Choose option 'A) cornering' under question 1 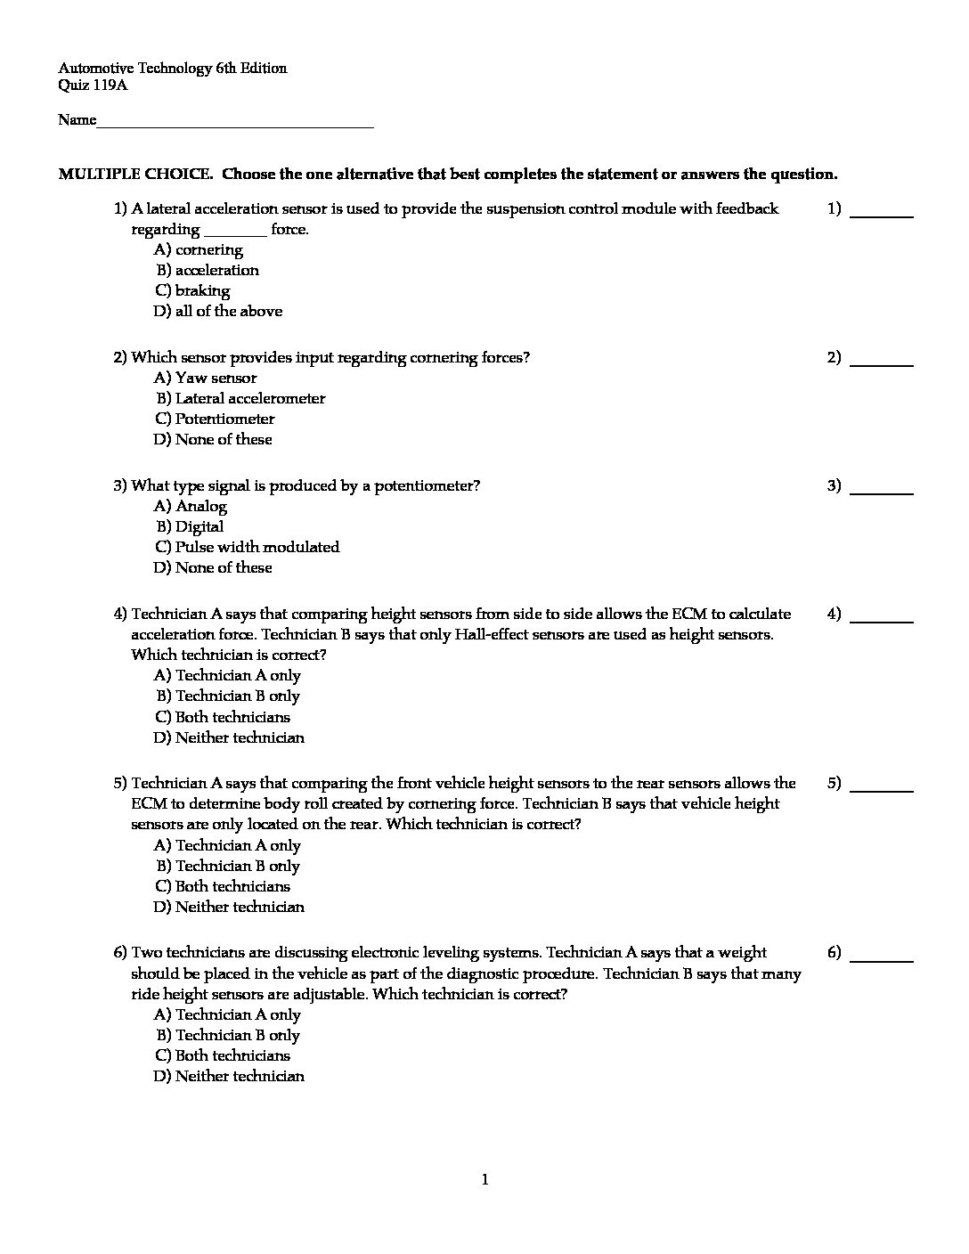pyautogui.click(x=199, y=250)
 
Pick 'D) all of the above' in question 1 pyautogui.click(x=218, y=312)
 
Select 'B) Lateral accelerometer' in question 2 pyautogui.click(x=240, y=399)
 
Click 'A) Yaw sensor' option pyautogui.click(x=206, y=379)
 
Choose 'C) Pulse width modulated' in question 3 pyautogui.click(x=247, y=548)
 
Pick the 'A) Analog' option pyautogui.click(x=191, y=507)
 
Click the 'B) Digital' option pyautogui.click(x=191, y=527)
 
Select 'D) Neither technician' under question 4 pyautogui.click(x=229, y=738)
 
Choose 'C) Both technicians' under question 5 pyautogui.click(x=223, y=887)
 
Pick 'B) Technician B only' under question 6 pyautogui.click(x=228, y=1036)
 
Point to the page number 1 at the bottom pyautogui.click(x=484, y=1181)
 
